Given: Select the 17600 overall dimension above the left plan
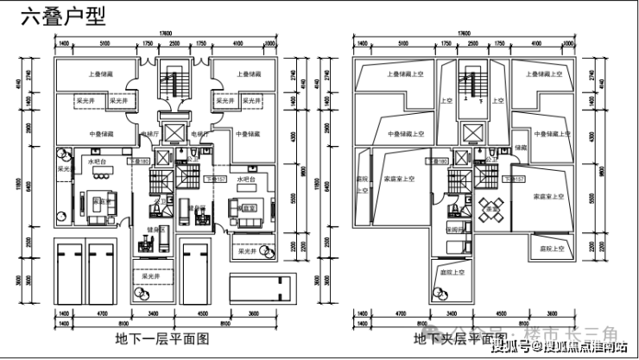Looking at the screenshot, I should click(165, 34).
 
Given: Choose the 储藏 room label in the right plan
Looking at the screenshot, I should click(520, 148).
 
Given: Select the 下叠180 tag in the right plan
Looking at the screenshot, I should click(438, 161).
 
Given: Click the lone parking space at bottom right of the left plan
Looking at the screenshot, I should click(261, 286).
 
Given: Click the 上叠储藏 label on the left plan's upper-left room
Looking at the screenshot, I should click(101, 74).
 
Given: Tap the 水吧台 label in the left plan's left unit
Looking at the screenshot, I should click(95, 161).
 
